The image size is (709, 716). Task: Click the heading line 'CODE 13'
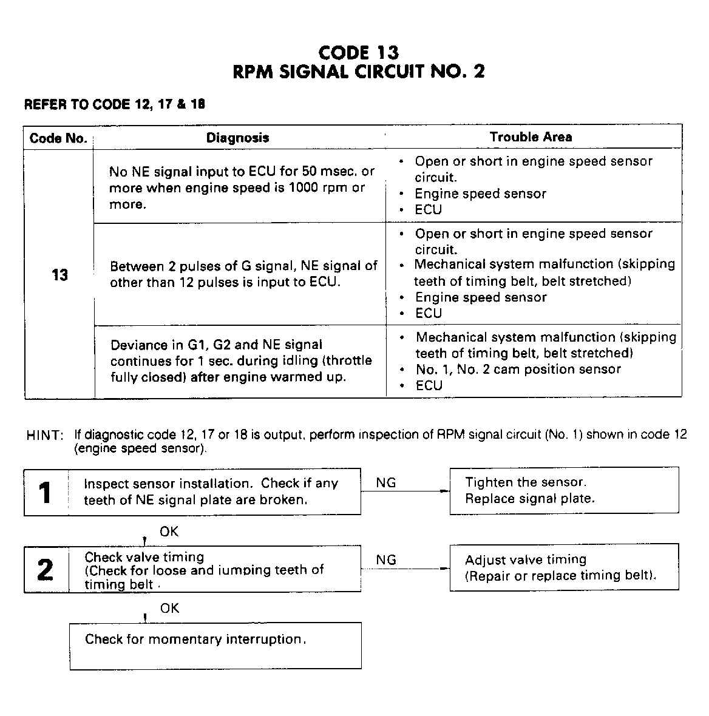coord(358,53)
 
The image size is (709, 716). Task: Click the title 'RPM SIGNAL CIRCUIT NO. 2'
coord(359,72)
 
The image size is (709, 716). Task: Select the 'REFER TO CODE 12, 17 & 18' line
coord(114,104)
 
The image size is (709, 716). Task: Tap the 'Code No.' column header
coord(58,138)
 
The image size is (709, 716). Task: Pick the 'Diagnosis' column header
coord(237,138)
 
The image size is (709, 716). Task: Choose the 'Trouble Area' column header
coord(531,137)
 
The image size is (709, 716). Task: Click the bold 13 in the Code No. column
coord(59,275)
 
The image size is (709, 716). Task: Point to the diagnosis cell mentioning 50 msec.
coord(241,187)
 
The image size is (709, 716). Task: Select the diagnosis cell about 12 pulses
coord(243,274)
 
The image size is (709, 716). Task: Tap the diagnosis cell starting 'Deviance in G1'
coord(240,360)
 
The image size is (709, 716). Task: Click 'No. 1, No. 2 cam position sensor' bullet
coord(518,370)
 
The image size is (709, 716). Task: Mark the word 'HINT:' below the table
coord(45,436)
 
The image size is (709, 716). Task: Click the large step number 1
coord(46,492)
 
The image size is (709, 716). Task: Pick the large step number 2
coord(46,570)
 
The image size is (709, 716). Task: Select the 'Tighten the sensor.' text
coord(526,482)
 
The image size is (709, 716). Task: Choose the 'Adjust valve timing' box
coord(564,567)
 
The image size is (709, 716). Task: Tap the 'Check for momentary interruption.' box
coord(215,645)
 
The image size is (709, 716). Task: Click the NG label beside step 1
coord(386,482)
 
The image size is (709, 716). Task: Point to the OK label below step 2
coord(169,608)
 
